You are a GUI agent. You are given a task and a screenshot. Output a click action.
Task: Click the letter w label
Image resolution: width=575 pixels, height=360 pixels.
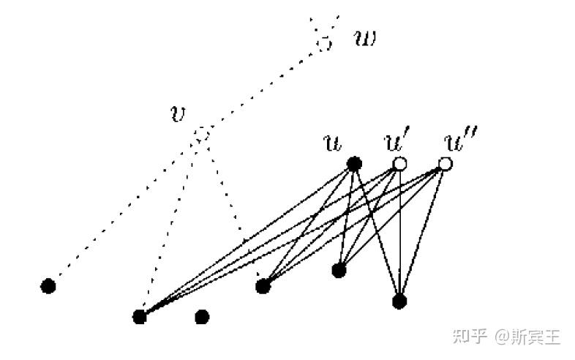click(x=364, y=38)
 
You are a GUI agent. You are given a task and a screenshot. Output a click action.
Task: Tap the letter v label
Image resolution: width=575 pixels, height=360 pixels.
click(x=176, y=116)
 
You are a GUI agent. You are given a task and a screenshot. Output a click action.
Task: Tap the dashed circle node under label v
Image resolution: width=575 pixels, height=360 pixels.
click(x=202, y=135)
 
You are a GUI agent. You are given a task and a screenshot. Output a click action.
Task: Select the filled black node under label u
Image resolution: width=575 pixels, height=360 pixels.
click(x=354, y=164)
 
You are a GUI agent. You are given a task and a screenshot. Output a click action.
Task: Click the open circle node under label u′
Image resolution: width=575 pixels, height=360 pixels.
click(x=399, y=164)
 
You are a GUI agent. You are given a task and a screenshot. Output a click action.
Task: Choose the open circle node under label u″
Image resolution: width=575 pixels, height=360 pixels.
click(x=445, y=164)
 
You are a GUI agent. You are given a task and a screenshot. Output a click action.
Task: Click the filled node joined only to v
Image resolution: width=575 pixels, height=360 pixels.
click(x=48, y=285)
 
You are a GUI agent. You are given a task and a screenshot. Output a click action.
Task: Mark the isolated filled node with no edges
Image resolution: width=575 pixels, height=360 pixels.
click(x=203, y=317)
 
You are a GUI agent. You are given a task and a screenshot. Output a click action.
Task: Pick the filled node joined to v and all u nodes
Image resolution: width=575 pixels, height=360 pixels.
click(x=140, y=317)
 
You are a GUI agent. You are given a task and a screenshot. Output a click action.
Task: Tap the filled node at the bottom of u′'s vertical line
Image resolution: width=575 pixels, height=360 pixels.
click(x=399, y=301)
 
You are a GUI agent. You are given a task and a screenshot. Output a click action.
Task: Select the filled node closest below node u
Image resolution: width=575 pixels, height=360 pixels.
click(x=339, y=271)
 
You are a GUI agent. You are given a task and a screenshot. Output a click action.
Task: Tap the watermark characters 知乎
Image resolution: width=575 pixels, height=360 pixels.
click(x=470, y=336)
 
